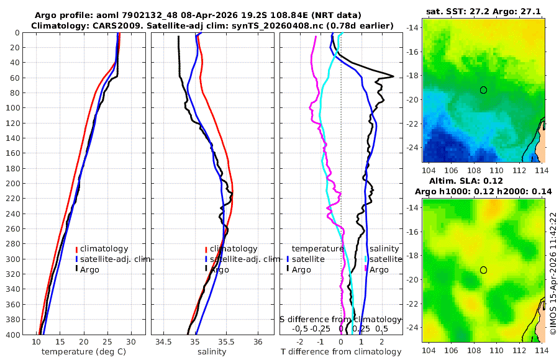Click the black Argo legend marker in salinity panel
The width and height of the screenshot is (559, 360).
tap(206, 269)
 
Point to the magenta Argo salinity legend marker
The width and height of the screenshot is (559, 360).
tap(366, 269)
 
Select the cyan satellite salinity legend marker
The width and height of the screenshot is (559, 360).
tap(366, 259)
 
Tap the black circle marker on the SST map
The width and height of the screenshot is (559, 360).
tap(483, 90)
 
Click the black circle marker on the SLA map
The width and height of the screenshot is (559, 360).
tap(483, 270)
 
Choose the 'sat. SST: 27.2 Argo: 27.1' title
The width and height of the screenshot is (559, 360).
tap(483, 11)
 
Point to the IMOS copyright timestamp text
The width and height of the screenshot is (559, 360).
tap(553, 273)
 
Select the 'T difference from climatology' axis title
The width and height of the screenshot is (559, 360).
tap(341, 352)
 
